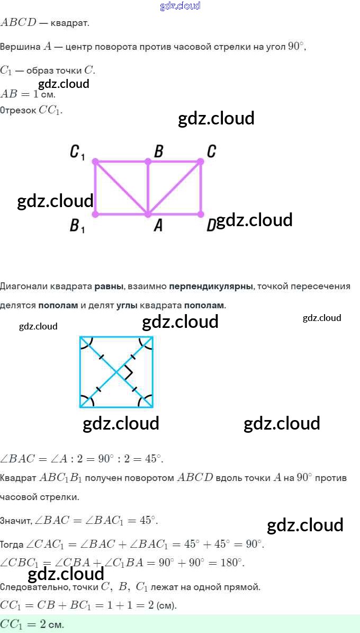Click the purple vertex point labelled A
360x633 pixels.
pyautogui.click(x=148, y=215)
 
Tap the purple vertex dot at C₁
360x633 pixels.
pyautogui.click(x=95, y=161)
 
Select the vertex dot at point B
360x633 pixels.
pyautogui.click(x=148, y=161)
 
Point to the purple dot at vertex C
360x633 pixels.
pyautogui.click(x=201, y=161)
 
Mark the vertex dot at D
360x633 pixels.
pyautogui.click(x=201, y=215)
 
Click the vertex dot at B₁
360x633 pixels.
pyautogui.click(x=95, y=215)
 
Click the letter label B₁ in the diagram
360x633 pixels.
pyautogui.click(x=77, y=227)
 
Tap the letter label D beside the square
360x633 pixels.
pyautogui.click(x=211, y=226)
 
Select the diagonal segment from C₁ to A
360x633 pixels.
pyautogui.click(x=121, y=188)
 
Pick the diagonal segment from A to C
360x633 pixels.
pyautogui.click(x=174, y=188)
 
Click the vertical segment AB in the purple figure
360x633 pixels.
pyautogui.click(x=148, y=188)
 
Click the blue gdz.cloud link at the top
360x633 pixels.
pyautogui.click(x=180, y=6)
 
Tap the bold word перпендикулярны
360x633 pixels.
pyautogui.click(x=211, y=287)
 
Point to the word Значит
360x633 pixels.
pyautogui.click(x=15, y=521)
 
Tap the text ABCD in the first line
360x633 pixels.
pyautogui.click(x=18, y=23)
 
